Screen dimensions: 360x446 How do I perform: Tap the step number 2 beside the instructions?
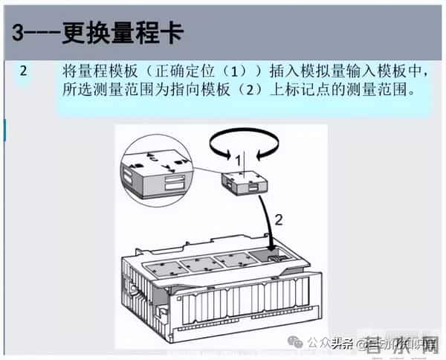(x=25, y=72)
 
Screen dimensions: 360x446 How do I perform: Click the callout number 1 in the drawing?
(x=238, y=160)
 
